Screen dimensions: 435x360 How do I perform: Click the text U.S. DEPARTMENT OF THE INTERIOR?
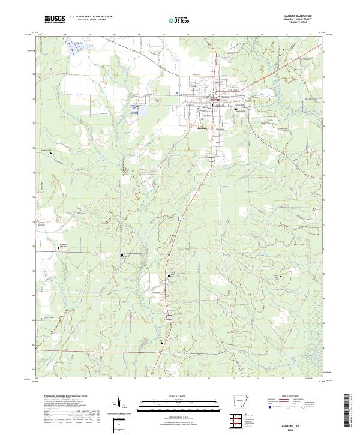(x=91, y=17)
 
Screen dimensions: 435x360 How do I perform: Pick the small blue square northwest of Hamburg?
(x=177, y=94)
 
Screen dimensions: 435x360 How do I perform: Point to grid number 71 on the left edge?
(x=34, y=247)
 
